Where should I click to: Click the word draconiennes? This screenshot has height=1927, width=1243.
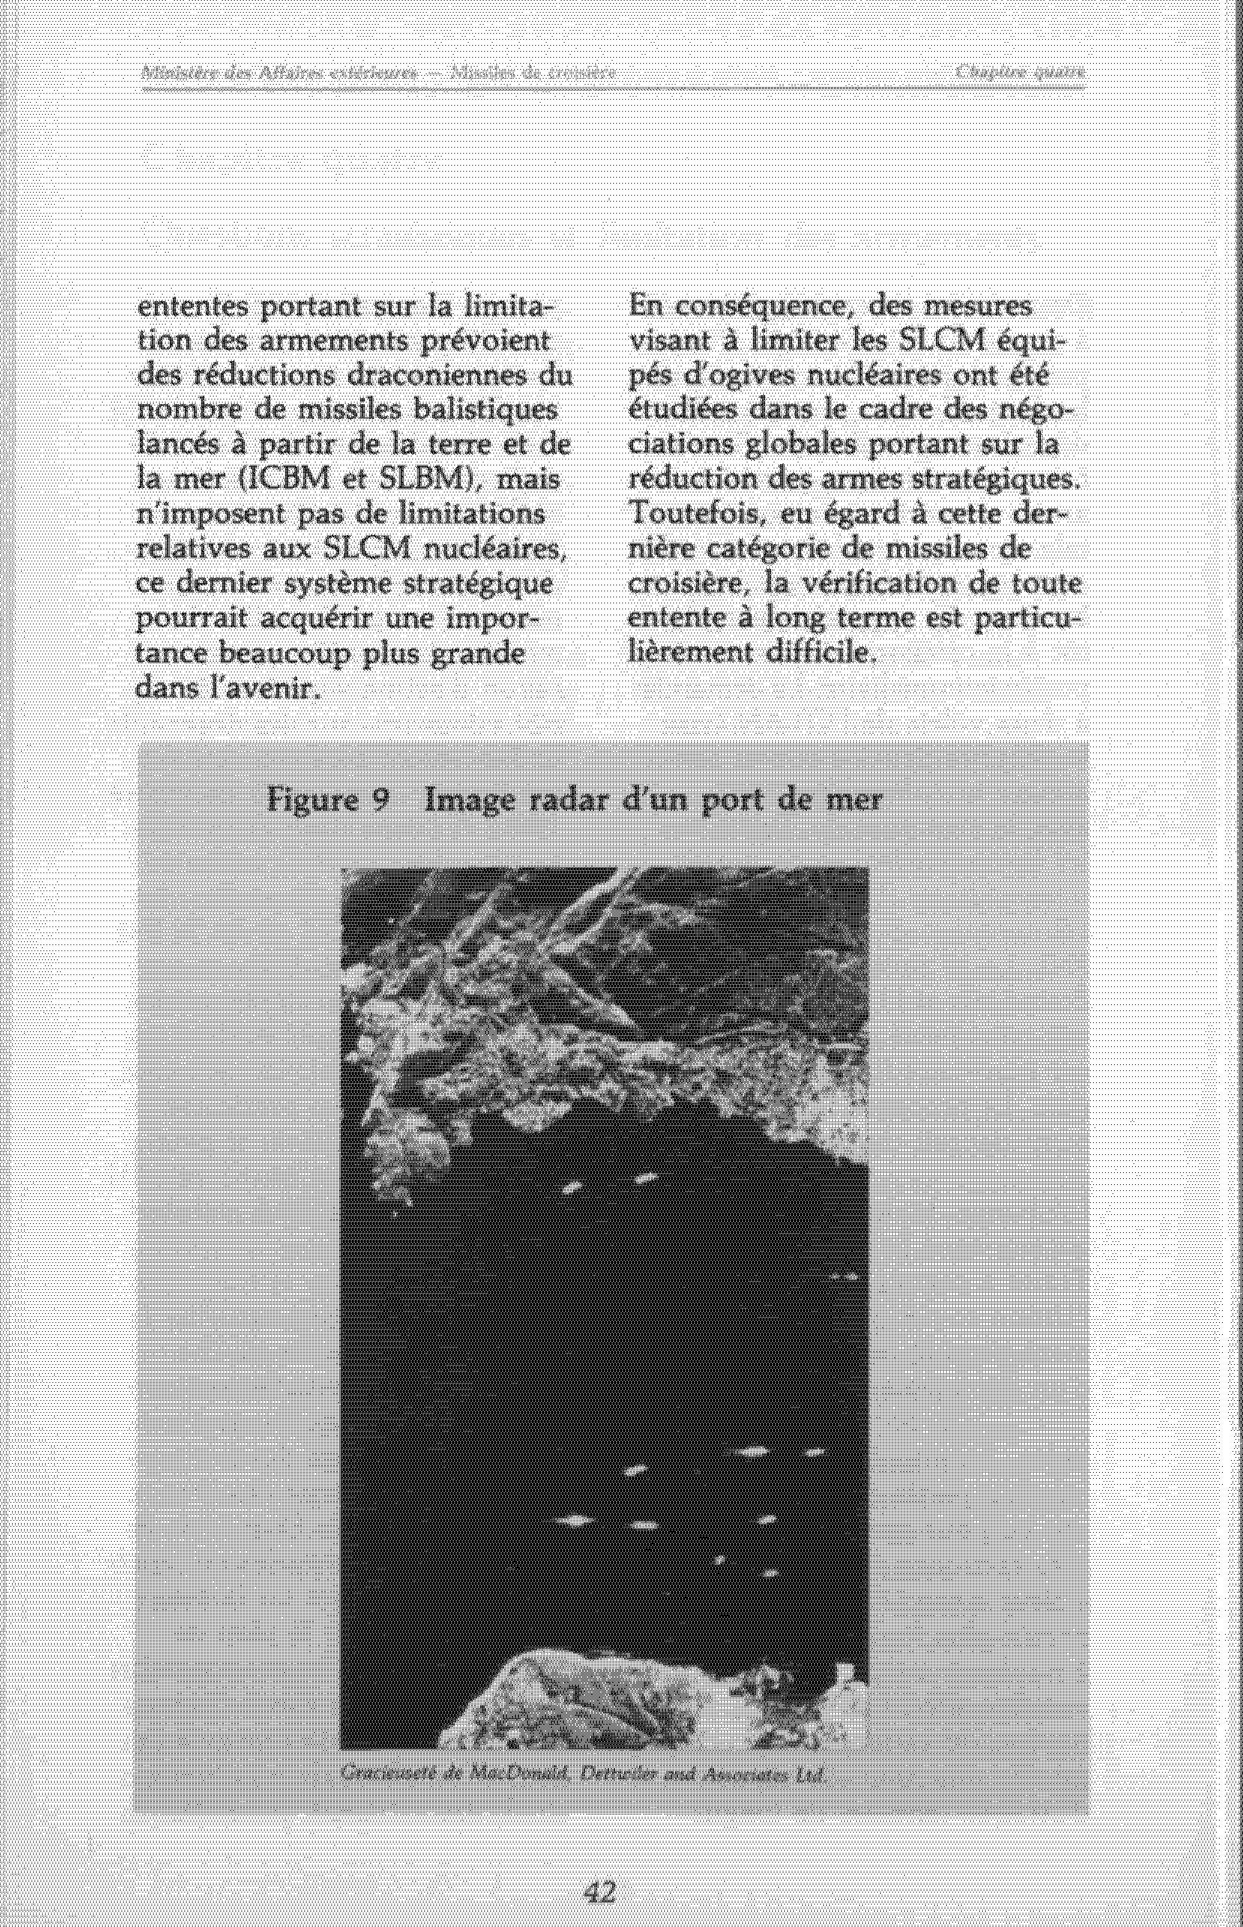pos(444,377)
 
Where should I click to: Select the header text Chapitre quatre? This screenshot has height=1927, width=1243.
pos(1020,73)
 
